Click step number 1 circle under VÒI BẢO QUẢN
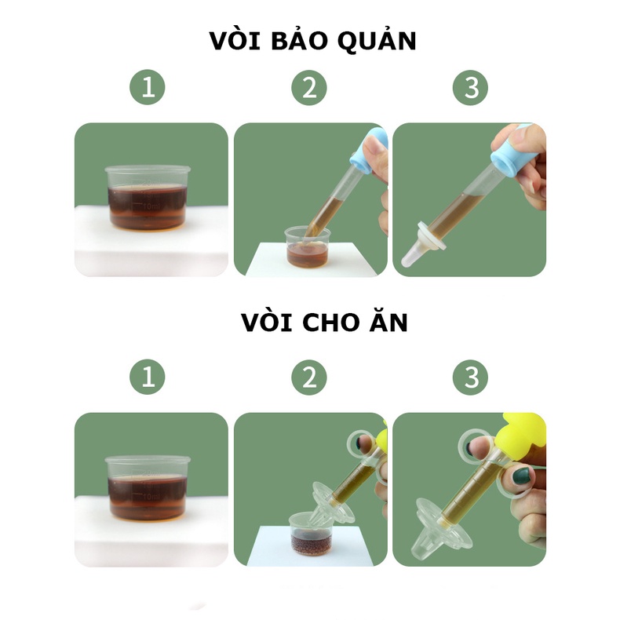point(148,87)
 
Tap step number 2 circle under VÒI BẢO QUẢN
point(309,87)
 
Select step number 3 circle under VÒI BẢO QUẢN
point(471,87)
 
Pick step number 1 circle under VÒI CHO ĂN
point(148,377)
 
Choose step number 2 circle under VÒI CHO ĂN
point(309,377)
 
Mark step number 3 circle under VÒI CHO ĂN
point(471,377)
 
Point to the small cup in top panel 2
point(307,246)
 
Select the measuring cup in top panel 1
point(148,198)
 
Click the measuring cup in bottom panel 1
point(148,487)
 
